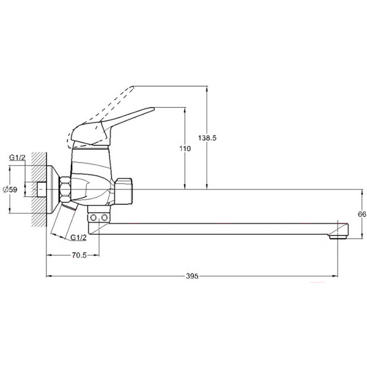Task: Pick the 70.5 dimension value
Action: point(78,256)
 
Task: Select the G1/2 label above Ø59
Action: point(17,158)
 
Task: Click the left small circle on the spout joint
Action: point(94,217)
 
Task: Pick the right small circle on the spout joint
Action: point(105,217)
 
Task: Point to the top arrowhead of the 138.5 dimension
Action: point(208,87)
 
